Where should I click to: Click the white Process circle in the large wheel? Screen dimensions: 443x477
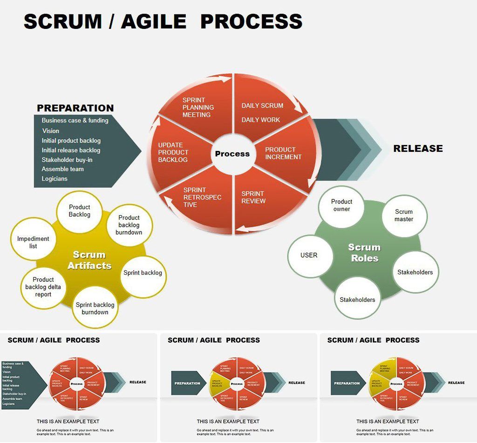click(232, 154)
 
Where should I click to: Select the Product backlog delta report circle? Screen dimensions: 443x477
click(43, 287)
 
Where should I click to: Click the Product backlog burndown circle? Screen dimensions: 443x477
click(129, 225)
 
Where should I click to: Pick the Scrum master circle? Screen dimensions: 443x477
click(404, 215)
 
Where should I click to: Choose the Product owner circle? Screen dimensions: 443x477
click(341, 205)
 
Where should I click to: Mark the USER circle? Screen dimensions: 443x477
click(309, 255)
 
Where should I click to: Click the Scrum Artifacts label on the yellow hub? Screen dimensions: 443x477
click(89, 260)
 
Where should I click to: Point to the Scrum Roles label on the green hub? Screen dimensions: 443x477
click(364, 253)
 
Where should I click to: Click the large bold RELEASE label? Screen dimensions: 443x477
click(418, 149)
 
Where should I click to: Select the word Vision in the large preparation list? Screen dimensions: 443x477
click(51, 131)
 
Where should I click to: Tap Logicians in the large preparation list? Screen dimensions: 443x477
click(55, 178)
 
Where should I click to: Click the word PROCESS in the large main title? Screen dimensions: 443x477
click(252, 21)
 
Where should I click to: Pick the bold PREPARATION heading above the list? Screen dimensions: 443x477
click(75, 108)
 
